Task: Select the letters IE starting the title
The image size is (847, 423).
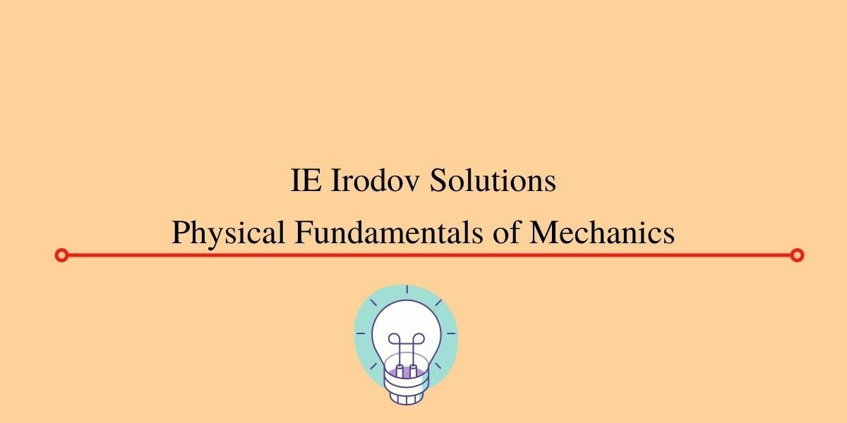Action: [305, 181]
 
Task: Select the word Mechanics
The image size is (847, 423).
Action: [602, 232]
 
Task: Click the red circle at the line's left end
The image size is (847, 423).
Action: [61, 255]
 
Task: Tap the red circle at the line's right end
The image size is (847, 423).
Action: [797, 255]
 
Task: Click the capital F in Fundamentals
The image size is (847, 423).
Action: [302, 232]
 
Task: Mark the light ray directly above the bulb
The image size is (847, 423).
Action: [406, 290]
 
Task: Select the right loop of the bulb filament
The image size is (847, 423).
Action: [413, 341]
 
